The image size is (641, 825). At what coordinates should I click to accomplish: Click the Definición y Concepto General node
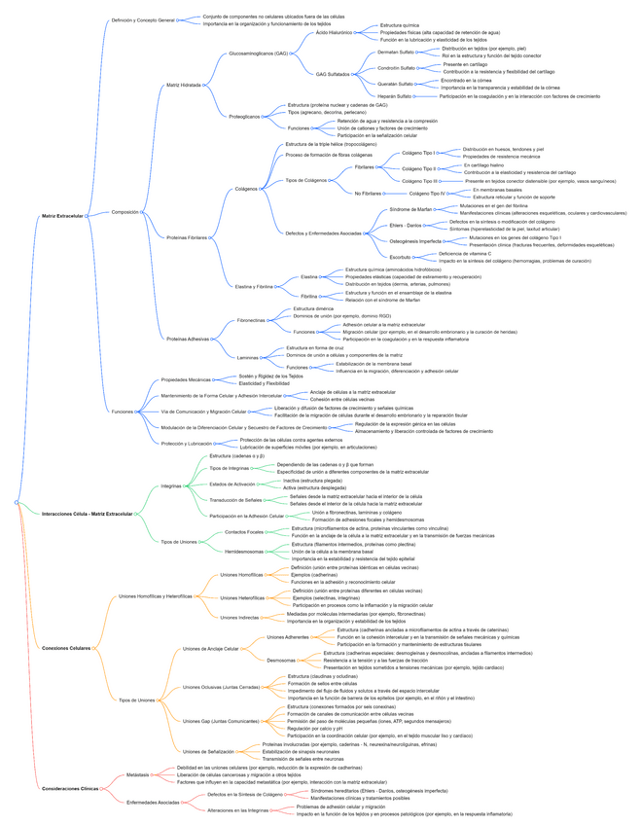143,20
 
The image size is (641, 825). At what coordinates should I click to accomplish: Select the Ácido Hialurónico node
334,32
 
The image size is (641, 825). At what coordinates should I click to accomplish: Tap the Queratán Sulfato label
395,84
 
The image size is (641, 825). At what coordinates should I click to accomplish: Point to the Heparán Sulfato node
394,96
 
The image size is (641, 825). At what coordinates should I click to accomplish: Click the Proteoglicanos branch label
244,117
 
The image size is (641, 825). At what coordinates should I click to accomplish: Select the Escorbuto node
400,257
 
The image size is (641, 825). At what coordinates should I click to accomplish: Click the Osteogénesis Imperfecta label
415,240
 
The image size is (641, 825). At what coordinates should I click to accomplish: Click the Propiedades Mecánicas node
185,379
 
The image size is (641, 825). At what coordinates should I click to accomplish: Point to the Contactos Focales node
243,532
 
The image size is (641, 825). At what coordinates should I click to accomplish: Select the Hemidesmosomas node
245,552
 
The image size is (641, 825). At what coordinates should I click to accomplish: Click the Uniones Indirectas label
239,617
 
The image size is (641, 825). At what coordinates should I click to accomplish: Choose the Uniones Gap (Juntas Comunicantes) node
221,721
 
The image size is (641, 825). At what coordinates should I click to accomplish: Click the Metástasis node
138,774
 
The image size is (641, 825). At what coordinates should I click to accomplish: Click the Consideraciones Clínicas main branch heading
70,788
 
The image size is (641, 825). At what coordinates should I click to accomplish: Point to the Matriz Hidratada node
184,86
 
